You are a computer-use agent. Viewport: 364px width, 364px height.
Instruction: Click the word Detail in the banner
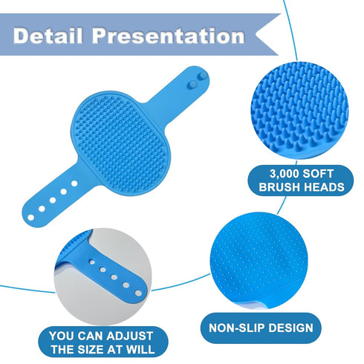(48, 36)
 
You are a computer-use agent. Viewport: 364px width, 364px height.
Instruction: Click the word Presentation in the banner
(169, 36)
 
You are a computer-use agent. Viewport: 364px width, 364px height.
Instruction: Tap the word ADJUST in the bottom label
(130, 336)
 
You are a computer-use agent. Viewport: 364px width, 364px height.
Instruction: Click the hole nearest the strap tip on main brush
(30, 218)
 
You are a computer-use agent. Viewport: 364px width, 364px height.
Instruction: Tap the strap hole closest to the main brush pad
(74, 183)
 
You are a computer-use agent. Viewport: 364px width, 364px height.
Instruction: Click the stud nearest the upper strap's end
(203, 77)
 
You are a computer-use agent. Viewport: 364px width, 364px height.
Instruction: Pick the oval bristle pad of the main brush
(120, 143)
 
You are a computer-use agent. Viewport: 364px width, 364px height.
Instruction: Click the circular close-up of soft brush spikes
(299, 111)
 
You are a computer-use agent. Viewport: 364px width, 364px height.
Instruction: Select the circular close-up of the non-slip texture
(259, 261)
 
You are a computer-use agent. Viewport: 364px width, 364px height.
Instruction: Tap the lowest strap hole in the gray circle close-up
(138, 293)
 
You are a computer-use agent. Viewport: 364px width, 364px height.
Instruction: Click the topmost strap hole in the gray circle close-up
(91, 261)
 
